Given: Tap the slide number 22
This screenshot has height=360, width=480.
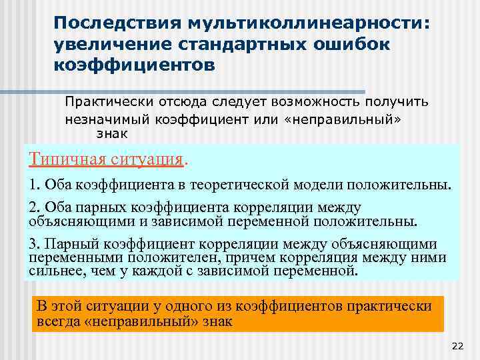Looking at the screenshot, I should point(457,346).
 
